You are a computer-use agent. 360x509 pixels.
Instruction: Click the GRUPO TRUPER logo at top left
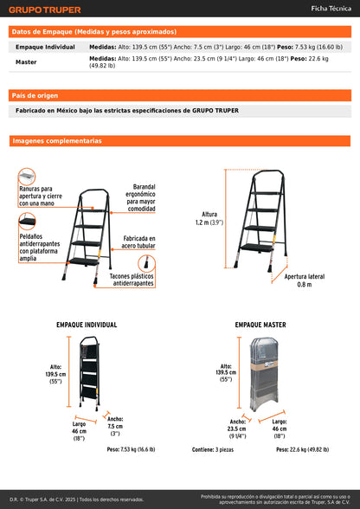45,10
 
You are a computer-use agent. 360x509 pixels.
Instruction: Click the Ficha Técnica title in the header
330,10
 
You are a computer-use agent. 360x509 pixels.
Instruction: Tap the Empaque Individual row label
46,47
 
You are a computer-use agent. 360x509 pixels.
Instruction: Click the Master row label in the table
26,62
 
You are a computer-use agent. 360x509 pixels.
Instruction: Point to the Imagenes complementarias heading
56,140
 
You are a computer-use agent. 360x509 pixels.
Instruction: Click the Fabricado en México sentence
126,110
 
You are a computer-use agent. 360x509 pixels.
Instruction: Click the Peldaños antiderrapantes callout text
40,245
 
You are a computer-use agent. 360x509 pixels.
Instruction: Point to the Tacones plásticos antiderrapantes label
132,279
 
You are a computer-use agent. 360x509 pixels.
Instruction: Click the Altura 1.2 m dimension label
209,217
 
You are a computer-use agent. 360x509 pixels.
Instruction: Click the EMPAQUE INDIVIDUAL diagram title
87,325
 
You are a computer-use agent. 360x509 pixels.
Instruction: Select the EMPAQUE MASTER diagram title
260,325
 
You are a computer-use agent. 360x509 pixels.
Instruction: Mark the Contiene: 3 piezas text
214,449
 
